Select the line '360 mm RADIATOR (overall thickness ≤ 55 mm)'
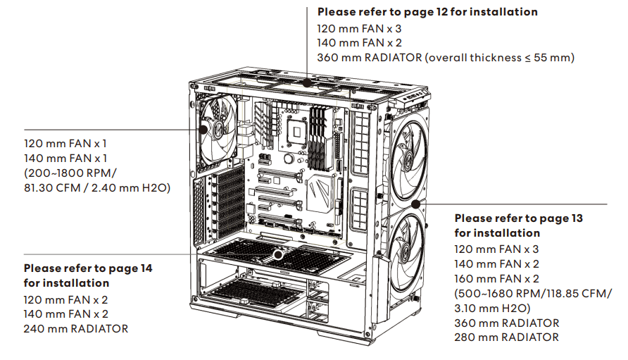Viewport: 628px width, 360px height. [x=446, y=58]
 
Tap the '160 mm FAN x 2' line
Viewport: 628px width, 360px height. [x=496, y=278]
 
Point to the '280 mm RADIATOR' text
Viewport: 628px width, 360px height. [x=506, y=337]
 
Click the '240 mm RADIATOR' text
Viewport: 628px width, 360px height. [x=76, y=328]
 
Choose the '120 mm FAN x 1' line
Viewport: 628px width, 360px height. [x=65, y=144]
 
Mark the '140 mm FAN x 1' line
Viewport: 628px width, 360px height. [x=65, y=159]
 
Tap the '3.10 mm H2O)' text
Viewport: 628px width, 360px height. [x=489, y=308]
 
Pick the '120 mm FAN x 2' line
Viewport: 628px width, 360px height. [x=65, y=299]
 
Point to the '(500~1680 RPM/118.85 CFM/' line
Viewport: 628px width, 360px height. [x=533, y=293]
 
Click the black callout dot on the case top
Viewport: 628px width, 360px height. [x=307, y=82]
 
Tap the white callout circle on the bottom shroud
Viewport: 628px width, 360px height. [x=278, y=250]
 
